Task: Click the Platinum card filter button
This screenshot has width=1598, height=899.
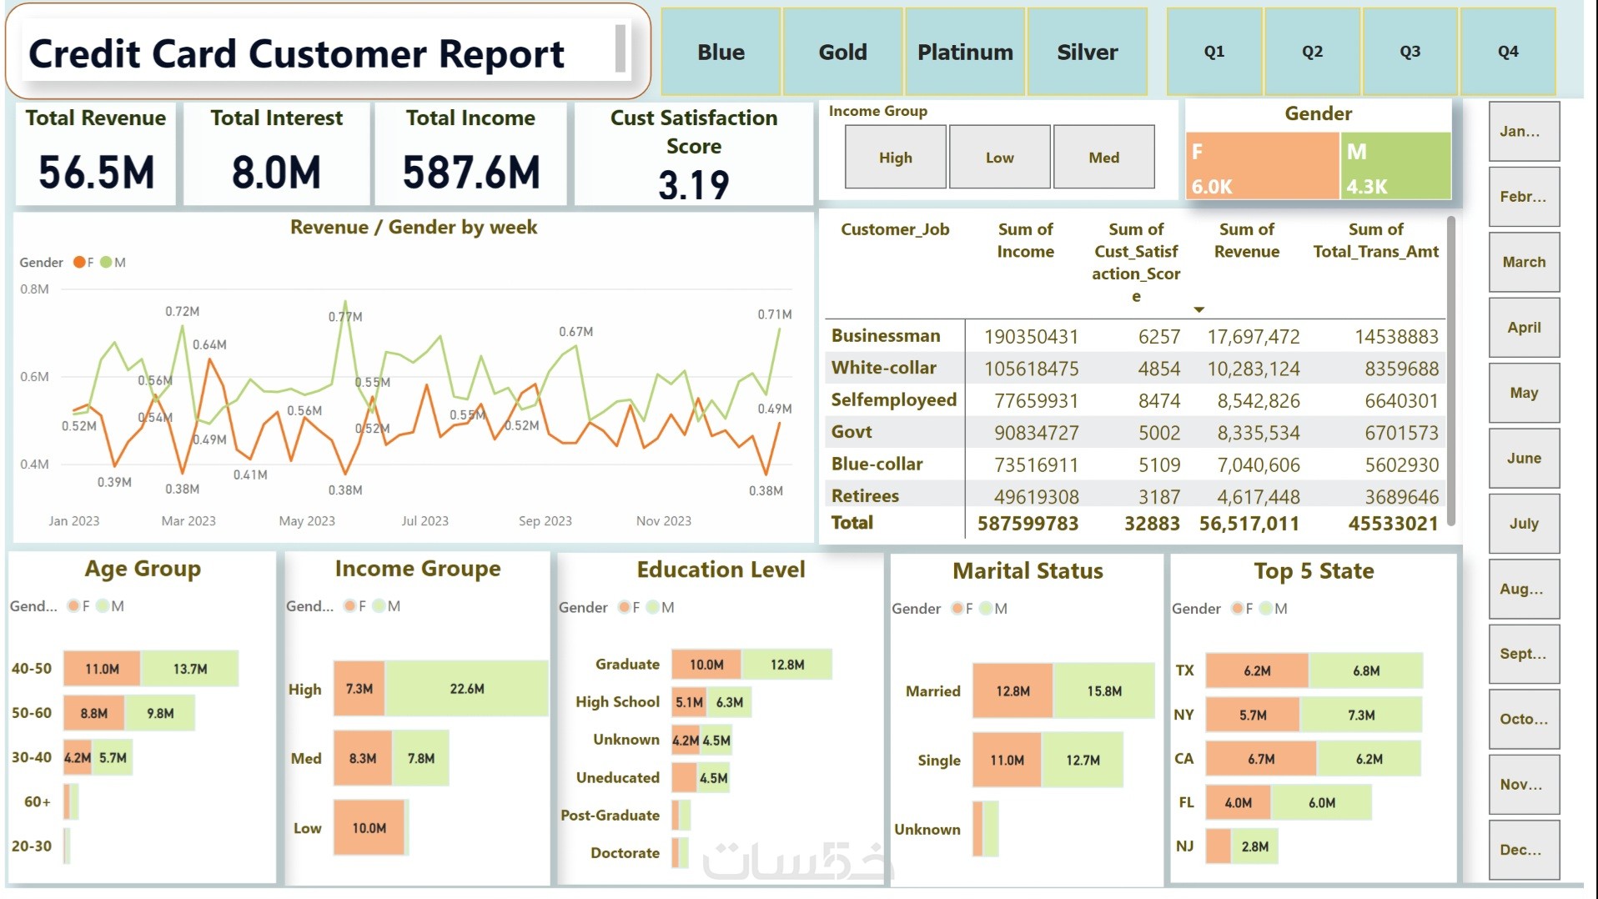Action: coord(965,53)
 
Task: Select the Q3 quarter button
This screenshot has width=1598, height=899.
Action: coord(1410,52)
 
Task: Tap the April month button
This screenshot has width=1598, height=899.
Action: coord(1524,328)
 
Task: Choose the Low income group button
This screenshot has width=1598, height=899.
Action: coord(999,158)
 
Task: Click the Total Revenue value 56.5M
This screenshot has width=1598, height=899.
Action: coord(97,173)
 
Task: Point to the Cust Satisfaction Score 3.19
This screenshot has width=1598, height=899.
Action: coord(693,184)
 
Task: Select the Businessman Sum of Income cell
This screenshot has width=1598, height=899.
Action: coord(1031,337)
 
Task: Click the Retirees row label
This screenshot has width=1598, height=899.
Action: coord(865,496)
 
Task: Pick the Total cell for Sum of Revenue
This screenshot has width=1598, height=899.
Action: coord(1249,524)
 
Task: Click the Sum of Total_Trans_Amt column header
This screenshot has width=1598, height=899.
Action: coord(1375,240)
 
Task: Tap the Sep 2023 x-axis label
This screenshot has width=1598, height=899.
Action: coord(545,521)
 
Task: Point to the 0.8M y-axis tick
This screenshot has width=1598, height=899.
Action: coord(34,289)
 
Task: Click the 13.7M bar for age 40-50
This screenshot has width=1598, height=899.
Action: coord(190,669)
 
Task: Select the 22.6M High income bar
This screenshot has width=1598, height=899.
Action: coord(466,689)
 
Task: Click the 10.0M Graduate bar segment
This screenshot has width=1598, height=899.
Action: coord(706,665)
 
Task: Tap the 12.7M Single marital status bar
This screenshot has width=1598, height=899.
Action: coord(1083,760)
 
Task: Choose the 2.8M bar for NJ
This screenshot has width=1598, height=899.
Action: coord(1254,846)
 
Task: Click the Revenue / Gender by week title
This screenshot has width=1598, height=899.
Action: coord(413,227)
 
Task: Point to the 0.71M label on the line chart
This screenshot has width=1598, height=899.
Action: coord(774,314)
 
